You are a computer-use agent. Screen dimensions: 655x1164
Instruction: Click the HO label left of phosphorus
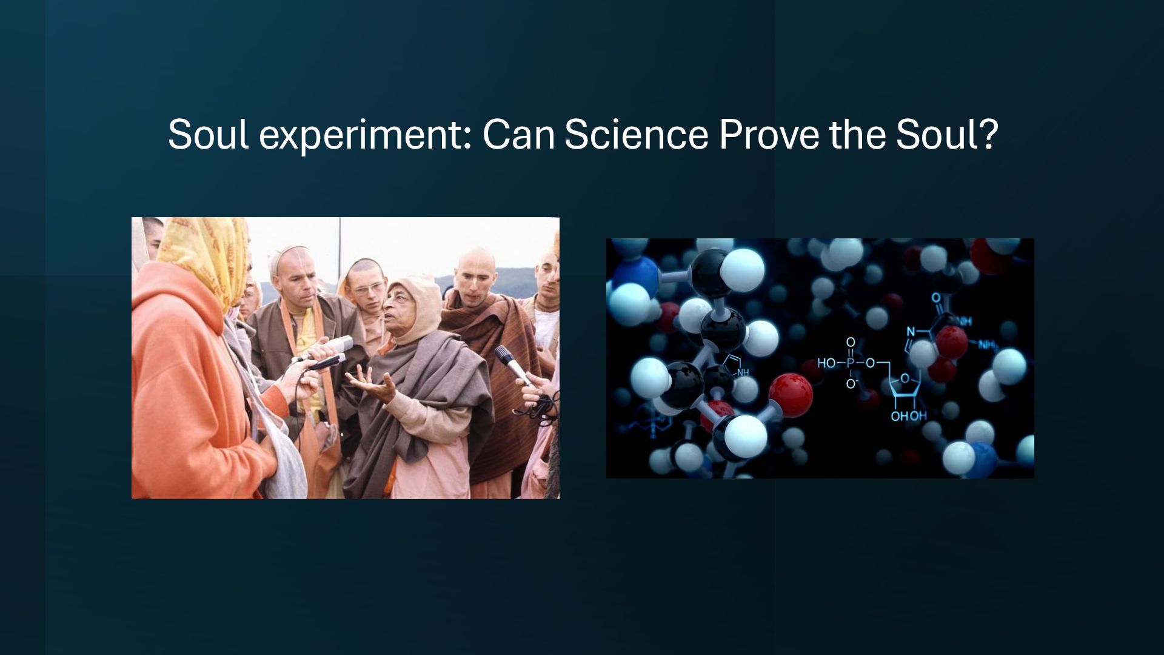(826, 363)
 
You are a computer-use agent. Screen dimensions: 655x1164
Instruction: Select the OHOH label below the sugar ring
(908, 416)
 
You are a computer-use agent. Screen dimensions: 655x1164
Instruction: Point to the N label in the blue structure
(910, 332)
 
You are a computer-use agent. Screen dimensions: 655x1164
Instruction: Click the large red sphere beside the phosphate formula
(791, 393)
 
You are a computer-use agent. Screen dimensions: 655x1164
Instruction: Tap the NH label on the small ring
(742, 372)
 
